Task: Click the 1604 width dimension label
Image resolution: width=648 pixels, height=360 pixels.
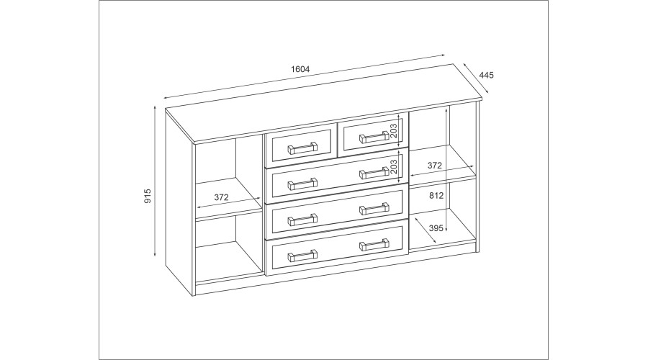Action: [x=300, y=69]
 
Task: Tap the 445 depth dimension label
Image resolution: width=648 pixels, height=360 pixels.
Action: [x=487, y=75]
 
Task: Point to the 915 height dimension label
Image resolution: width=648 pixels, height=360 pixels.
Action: [x=148, y=196]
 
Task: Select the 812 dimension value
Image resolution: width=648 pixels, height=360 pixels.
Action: [x=436, y=196]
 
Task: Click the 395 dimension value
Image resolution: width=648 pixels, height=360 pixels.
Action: [x=436, y=228]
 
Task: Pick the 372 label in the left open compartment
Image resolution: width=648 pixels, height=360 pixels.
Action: [x=222, y=197]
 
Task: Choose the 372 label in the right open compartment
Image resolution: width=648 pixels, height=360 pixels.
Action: [x=435, y=166]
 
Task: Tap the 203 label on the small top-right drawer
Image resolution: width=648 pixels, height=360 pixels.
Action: [x=394, y=130]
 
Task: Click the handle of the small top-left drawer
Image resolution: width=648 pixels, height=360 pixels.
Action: [x=302, y=148]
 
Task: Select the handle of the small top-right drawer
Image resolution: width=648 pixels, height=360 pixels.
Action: [x=374, y=137]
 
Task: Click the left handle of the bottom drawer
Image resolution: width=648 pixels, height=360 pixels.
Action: [x=302, y=256]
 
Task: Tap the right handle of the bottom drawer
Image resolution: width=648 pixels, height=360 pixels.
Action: [x=374, y=245]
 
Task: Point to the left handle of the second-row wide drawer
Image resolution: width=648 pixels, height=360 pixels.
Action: [x=302, y=184]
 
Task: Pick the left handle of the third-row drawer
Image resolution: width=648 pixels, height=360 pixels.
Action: [x=302, y=220]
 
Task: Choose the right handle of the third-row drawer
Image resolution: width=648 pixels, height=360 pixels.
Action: [x=374, y=209]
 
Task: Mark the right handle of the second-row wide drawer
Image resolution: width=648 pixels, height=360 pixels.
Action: [x=374, y=173]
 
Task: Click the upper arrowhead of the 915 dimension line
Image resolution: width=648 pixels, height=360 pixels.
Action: [x=155, y=108]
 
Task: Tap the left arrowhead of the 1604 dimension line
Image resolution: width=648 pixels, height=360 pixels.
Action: [x=166, y=98]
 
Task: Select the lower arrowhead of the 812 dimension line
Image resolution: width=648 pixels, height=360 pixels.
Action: [x=446, y=230]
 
